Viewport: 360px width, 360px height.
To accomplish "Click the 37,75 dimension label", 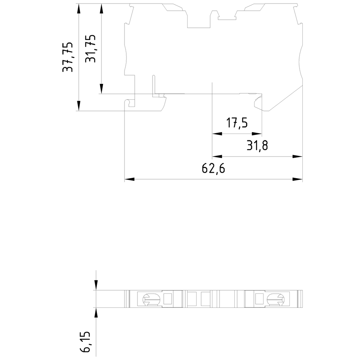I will coord(68,57).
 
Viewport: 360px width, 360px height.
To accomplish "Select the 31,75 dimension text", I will coord(90,49).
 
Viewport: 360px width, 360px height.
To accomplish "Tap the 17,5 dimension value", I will coord(237,123).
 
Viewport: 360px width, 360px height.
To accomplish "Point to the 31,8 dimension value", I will coord(257,145).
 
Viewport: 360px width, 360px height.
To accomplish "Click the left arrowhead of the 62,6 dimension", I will coord(129,179).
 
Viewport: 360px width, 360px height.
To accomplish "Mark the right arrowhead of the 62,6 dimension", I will coord(297,179).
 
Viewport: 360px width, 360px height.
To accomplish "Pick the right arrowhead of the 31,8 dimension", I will coord(297,157).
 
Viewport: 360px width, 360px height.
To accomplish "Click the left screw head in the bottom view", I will coord(151,299).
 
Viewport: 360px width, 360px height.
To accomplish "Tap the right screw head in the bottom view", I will coord(275,299).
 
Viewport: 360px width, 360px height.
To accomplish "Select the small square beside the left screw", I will coord(168,298).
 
